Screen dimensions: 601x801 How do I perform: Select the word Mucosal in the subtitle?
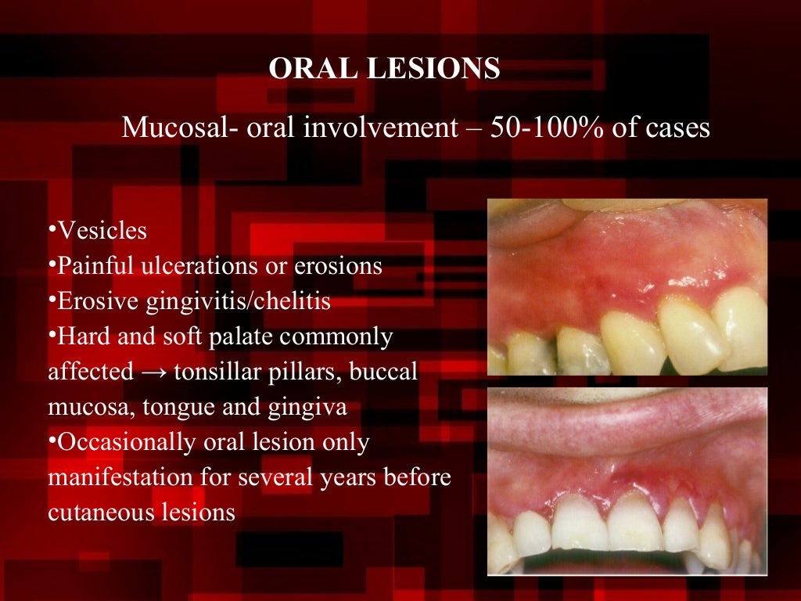170,128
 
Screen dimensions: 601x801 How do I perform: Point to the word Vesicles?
101,231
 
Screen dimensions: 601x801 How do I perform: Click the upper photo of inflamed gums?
627,286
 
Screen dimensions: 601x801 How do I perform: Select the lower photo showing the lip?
627,480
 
